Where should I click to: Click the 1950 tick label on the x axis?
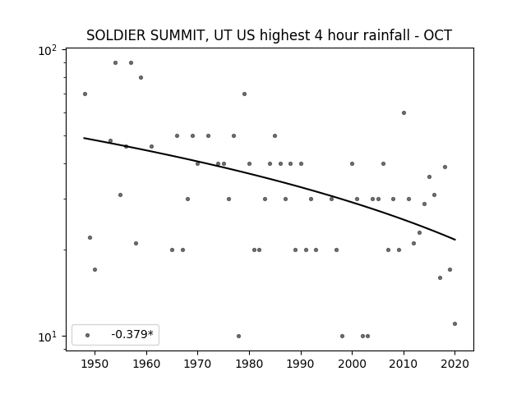click(x=95, y=364)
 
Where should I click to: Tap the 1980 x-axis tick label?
click(x=249, y=364)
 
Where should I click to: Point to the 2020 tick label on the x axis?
click(x=454, y=364)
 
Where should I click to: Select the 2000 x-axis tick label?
click(x=353, y=364)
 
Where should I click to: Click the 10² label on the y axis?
click(x=48, y=50)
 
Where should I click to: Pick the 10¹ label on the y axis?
click(x=48, y=337)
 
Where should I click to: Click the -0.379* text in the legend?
click(x=132, y=334)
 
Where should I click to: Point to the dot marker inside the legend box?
click(x=88, y=335)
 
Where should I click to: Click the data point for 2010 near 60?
click(x=404, y=113)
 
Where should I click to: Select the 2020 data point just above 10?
click(x=454, y=323)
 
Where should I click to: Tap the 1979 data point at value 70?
click(x=245, y=94)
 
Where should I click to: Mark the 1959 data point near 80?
click(x=141, y=78)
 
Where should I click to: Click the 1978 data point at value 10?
click(x=239, y=336)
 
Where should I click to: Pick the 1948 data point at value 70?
click(x=85, y=94)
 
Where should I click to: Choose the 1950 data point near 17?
click(x=95, y=270)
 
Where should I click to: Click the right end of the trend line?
click(x=455, y=240)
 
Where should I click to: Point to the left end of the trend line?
click(x=84, y=138)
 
